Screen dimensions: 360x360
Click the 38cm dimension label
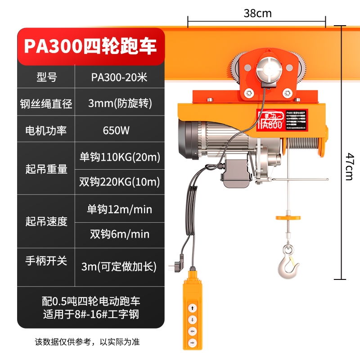257,13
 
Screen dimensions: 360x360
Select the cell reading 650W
116,131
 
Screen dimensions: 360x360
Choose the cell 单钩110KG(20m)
120,157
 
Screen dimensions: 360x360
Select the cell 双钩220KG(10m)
120,182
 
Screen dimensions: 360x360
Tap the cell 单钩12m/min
120,209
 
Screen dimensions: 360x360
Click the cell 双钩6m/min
120,234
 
